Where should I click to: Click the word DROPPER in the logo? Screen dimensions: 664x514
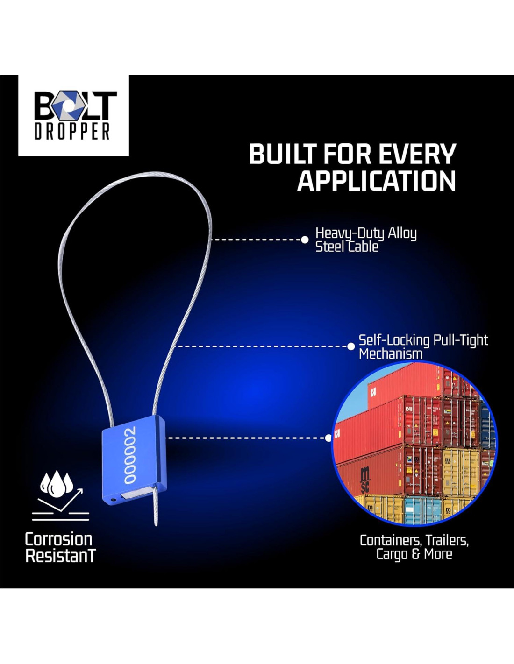point(72,131)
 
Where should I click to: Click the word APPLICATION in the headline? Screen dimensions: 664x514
point(376,181)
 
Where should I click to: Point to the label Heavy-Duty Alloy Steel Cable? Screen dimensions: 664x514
point(366,240)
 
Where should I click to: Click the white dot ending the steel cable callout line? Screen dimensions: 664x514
point(305,240)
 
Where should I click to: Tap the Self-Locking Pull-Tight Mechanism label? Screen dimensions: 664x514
point(423,346)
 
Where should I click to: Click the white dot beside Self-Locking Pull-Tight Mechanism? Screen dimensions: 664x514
point(351,346)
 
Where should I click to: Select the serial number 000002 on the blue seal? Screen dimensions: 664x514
point(129,454)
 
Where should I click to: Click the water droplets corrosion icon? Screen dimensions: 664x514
point(57,483)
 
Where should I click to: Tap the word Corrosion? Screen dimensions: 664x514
point(58,539)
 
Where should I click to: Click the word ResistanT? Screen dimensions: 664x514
point(60,556)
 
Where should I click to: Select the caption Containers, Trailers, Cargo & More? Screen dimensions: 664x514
point(414,547)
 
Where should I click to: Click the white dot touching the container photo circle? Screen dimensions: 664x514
point(328,438)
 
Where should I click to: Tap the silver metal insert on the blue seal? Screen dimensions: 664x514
point(136,492)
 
